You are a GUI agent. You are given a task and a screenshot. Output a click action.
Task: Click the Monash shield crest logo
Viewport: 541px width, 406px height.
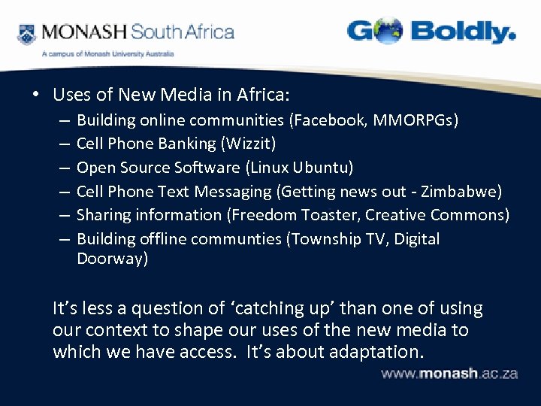27,34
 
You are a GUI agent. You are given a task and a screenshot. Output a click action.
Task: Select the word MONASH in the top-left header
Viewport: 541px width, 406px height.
85,32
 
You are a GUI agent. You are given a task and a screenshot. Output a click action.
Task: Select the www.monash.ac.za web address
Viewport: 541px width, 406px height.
449,374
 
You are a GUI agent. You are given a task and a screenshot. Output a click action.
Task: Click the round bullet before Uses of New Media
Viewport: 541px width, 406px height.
35,95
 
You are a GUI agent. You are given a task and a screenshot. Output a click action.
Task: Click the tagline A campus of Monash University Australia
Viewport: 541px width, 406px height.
107,54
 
